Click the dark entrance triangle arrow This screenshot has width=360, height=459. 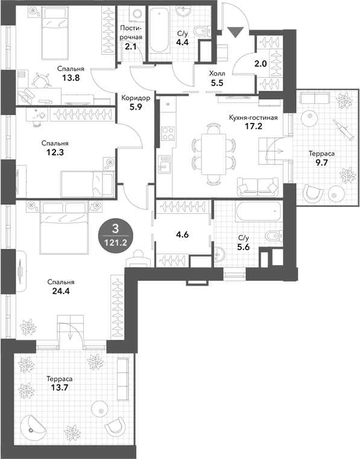pyautogui.click(x=236, y=31)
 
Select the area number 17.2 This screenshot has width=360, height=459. pyautogui.click(x=253, y=126)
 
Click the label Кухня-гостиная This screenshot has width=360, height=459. pyautogui.click(x=253, y=117)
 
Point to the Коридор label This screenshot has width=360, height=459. pyautogui.click(x=136, y=98)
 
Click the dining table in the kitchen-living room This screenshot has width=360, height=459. pyautogui.click(x=213, y=154)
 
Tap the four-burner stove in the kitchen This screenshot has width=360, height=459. pyautogui.click(x=168, y=134)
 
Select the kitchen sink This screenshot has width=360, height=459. pyautogui.click(x=164, y=164)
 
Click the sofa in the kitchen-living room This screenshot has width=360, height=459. pyautogui.click(x=257, y=187)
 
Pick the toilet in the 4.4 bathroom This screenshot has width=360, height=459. pyautogui.click(x=203, y=30)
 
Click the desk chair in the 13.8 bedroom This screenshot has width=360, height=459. pyautogui.click(x=40, y=81)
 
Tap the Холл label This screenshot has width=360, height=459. pyautogui.click(x=217, y=73)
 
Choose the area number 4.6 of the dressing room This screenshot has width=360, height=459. pyautogui.click(x=182, y=234)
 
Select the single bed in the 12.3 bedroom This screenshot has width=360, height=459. pyautogui.click(x=87, y=184)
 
